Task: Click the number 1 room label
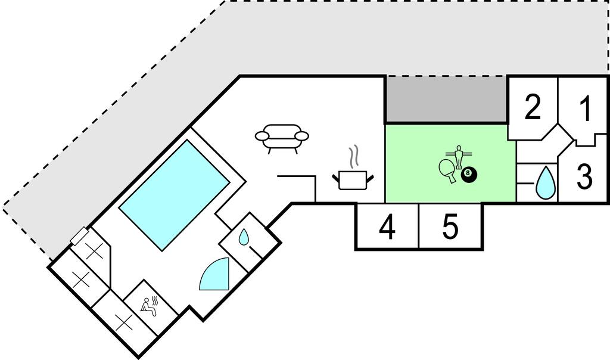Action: pyautogui.click(x=586, y=109)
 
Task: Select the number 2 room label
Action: pyautogui.click(x=533, y=107)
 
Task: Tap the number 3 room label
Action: pyautogui.click(x=585, y=176)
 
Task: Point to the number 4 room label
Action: pyautogui.click(x=387, y=228)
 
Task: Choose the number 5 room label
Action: pyautogui.click(x=450, y=227)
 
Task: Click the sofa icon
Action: pyautogui.click(x=282, y=137)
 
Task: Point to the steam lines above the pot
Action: pyautogui.click(x=355, y=156)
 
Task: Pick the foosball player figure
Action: pyautogui.click(x=458, y=156)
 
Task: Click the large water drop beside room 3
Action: pyautogui.click(x=544, y=183)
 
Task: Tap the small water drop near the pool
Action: pyautogui.click(x=244, y=238)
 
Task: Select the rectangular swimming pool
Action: pyautogui.click(x=174, y=194)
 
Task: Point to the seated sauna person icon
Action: pyautogui.click(x=150, y=304)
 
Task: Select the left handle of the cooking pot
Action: pyautogui.click(x=335, y=176)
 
